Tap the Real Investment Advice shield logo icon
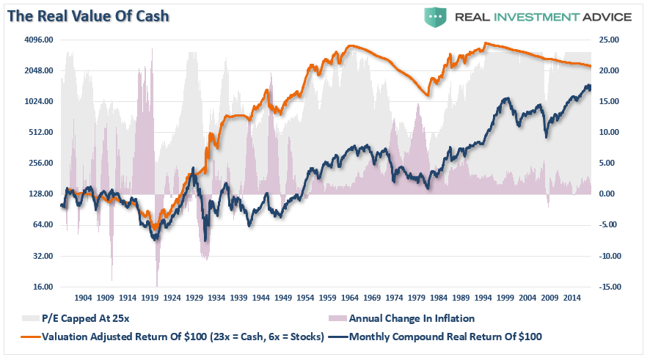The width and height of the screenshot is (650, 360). (435, 16)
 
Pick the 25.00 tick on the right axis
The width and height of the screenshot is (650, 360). (609, 40)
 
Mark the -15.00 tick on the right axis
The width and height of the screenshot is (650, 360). (608, 287)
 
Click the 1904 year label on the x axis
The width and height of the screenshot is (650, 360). (83, 298)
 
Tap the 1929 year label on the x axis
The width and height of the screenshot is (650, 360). (195, 298)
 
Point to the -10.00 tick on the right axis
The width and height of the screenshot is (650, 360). (608, 257)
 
